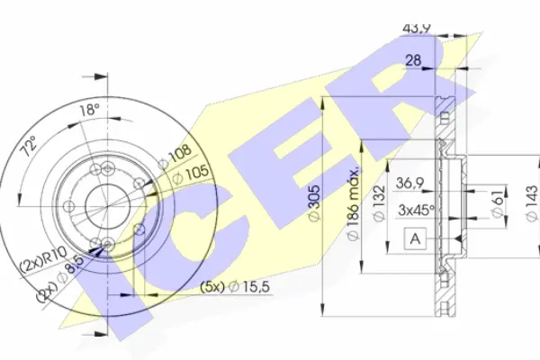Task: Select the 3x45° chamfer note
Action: click(418, 211)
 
